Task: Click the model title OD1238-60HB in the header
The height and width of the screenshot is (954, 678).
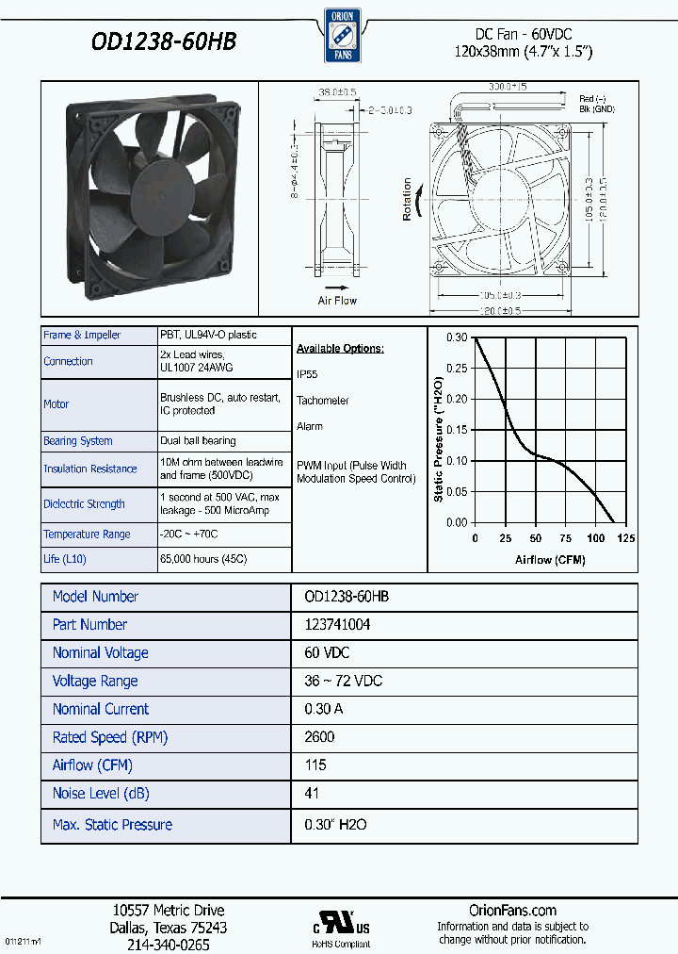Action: tap(163, 42)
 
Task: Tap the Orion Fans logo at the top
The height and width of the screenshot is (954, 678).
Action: tap(338, 35)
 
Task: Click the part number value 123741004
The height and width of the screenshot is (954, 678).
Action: tap(337, 625)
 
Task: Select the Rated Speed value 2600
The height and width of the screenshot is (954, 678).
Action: tap(319, 737)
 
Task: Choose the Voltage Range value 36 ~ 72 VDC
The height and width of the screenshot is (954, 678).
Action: tap(344, 681)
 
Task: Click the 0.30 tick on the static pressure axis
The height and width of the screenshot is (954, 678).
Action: tap(456, 337)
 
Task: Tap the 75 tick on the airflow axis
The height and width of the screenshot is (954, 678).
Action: tap(565, 538)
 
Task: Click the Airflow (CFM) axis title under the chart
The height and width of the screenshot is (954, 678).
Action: tap(550, 560)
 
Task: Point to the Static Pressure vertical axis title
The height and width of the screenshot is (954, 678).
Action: tap(438, 439)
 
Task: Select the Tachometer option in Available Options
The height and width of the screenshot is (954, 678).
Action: tap(322, 401)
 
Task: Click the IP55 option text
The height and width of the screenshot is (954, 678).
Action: tap(307, 374)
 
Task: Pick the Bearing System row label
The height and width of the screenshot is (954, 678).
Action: tap(77, 441)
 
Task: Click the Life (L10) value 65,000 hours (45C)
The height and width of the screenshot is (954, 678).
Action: tap(203, 559)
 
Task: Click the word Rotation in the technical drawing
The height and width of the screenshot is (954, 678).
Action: tap(408, 200)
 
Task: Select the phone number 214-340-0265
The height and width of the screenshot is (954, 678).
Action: tap(168, 945)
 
